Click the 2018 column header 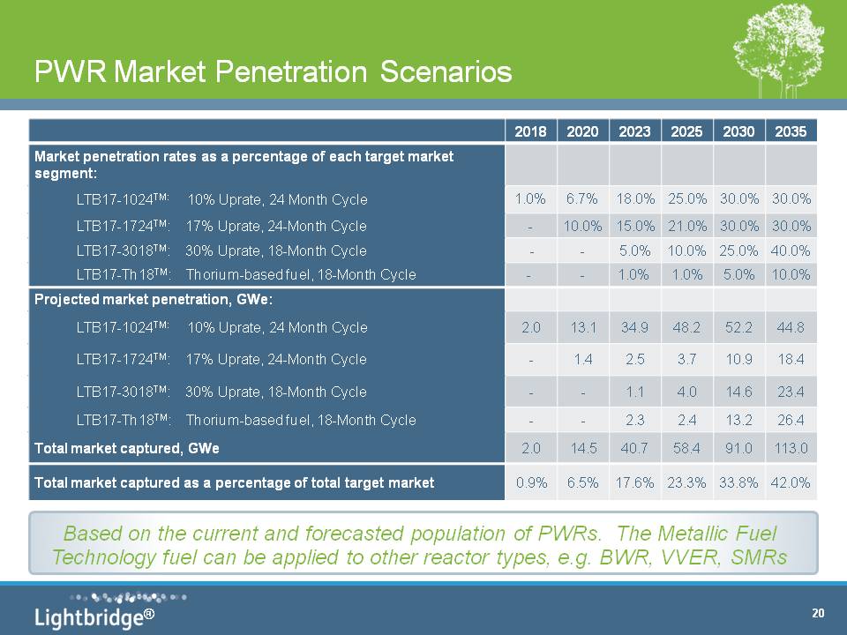530,131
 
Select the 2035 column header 791,131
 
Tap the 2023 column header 635,131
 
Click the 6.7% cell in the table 582,199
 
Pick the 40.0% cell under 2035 791,250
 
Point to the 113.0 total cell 791,448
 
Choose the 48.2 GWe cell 686,328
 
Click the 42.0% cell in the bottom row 791,482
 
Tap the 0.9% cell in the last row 530,482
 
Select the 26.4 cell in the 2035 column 791,420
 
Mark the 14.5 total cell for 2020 582,448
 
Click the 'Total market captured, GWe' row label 126,448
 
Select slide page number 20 818,613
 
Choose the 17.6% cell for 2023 635,482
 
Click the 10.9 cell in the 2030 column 738,359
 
